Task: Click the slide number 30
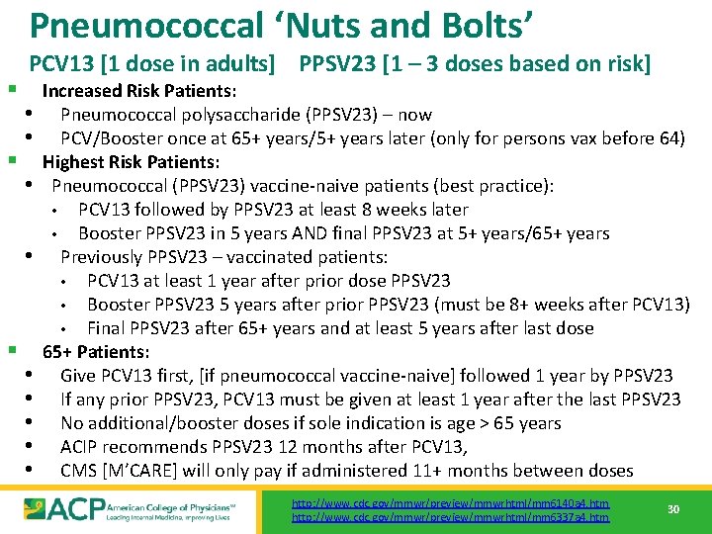coord(672,509)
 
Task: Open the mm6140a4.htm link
coord(451,503)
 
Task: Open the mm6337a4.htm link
coord(451,517)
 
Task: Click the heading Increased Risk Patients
coord(138,91)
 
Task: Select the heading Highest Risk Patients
coord(132,162)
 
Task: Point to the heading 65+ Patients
coord(96,352)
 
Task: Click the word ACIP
coord(80,447)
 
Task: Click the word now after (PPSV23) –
coord(414,115)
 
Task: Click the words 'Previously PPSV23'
coord(130,257)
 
